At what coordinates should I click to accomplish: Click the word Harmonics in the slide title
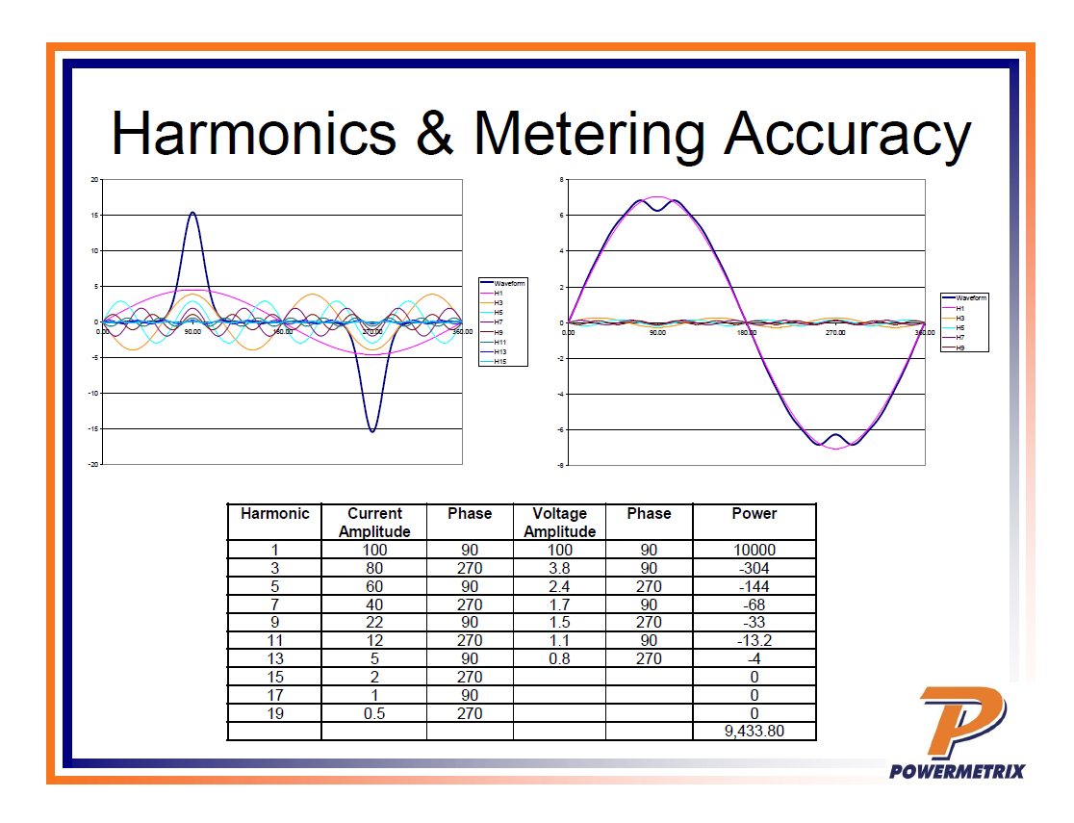pos(253,134)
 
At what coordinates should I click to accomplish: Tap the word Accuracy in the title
pos(847,134)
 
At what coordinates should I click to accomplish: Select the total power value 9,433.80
pos(754,731)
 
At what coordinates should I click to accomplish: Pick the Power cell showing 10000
pos(754,550)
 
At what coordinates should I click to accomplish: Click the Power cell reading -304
pos(754,568)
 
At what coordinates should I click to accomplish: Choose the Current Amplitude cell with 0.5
pos(373,713)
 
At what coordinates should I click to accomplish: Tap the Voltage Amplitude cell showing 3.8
pos(559,568)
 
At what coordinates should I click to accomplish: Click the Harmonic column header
pos(274,514)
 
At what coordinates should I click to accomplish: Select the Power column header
pos(754,514)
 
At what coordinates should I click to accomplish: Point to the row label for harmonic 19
pos(274,713)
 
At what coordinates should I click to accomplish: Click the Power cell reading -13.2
pos(754,640)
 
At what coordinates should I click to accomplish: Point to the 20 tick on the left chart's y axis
pos(94,179)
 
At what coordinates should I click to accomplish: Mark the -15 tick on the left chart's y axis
pos(93,428)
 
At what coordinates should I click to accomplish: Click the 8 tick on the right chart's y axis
pos(561,180)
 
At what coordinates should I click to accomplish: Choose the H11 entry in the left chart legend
pos(499,342)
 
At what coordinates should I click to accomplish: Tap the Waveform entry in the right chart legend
pos(971,298)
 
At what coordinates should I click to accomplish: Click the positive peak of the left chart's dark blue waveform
pos(192,213)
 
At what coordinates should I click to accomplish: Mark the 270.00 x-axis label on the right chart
pos(835,332)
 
